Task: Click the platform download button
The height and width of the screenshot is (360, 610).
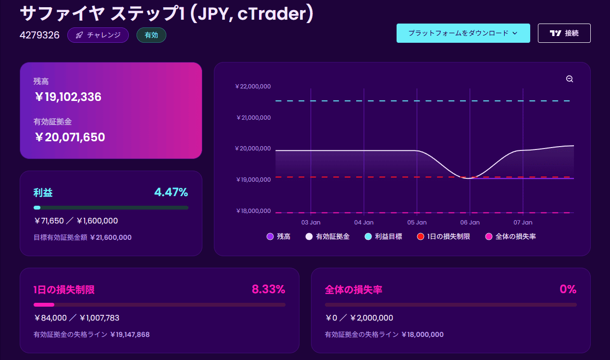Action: pos(463,33)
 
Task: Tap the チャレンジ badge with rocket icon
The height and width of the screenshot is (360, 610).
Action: pos(98,35)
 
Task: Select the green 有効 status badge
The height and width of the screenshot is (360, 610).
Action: pos(151,35)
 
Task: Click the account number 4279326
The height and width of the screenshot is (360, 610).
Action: pos(39,35)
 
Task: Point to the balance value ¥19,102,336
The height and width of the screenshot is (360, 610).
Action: pos(68,97)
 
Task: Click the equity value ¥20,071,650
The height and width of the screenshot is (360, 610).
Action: pos(70,137)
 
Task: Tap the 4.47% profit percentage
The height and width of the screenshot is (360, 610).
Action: pos(171,192)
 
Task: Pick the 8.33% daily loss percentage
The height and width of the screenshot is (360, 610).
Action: pos(268,289)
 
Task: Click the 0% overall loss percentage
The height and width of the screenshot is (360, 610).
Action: pos(568,289)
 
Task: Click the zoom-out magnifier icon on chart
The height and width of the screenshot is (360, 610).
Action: pos(570,79)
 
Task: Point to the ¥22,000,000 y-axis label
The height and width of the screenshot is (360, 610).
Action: pos(253,87)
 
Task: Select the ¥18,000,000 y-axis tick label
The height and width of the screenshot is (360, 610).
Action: pos(253,211)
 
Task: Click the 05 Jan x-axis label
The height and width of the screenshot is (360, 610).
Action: pos(417,223)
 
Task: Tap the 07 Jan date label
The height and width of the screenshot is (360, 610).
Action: pos(523,223)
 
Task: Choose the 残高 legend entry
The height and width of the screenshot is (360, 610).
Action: pos(278,236)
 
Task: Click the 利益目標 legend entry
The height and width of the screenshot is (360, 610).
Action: pos(384,236)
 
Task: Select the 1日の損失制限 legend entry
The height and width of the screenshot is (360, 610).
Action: pos(444,236)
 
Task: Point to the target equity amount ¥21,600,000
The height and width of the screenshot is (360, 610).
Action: pos(111,237)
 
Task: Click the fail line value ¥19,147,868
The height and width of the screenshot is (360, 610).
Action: pos(130,335)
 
